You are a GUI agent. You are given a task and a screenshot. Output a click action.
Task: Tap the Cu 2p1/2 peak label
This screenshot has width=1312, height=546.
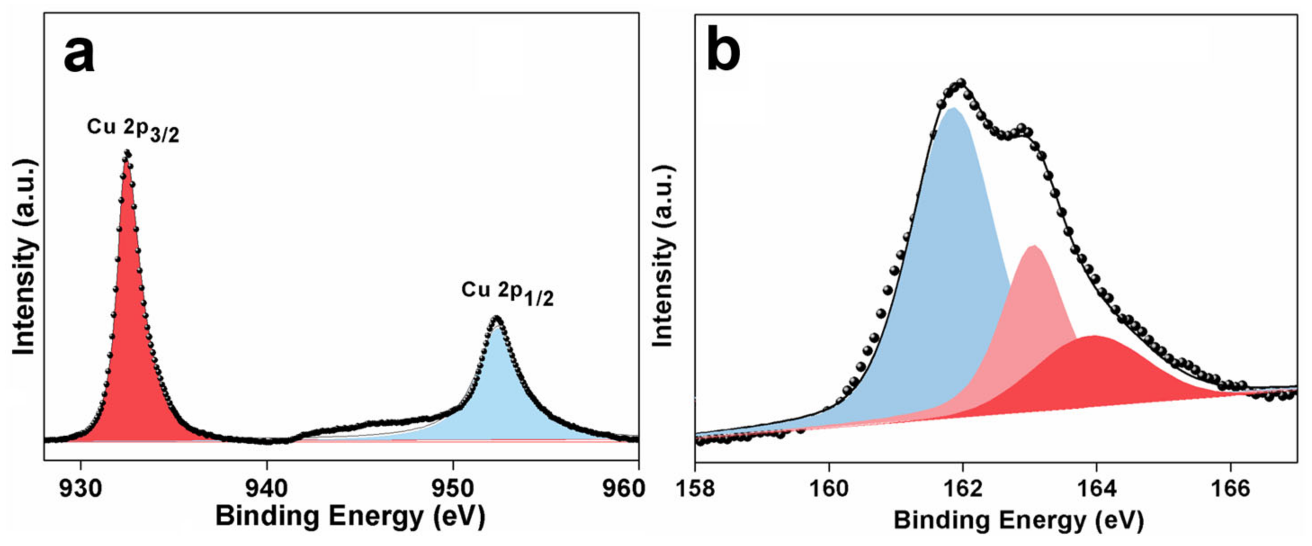pyautogui.click(x=507, y=293)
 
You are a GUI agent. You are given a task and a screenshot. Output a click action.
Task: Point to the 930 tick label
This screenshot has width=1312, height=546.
pyautogui.click(x=81, y=488)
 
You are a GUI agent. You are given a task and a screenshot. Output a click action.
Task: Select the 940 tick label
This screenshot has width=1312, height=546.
pyautogui.click(x=266, y=488)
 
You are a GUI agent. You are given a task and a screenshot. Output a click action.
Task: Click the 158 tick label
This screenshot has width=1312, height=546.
pyautogui.click(x=696, y=488)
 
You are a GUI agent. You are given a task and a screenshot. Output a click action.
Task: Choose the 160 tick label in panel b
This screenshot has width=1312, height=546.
pyautogui.click(x=829, y=488)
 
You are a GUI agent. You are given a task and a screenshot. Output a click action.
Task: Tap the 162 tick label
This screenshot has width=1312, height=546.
pyautogui.click(x=963, y=488)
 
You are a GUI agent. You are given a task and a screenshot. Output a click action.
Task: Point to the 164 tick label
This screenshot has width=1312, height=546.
pyautogui.click(x=1096, y=488)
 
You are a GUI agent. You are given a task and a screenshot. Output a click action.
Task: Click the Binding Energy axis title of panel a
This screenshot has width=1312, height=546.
pyautogui.click(x=350, y=516)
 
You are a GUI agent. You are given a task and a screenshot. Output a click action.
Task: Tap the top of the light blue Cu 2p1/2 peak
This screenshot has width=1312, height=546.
pyautogui.click(x=497, y=320)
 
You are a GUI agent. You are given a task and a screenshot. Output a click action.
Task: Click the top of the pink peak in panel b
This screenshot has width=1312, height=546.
pyautogui.click(x=1034, y=247)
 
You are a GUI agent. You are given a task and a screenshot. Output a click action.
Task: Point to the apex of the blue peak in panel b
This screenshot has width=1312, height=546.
pyautogui.click(x=954, y=108)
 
